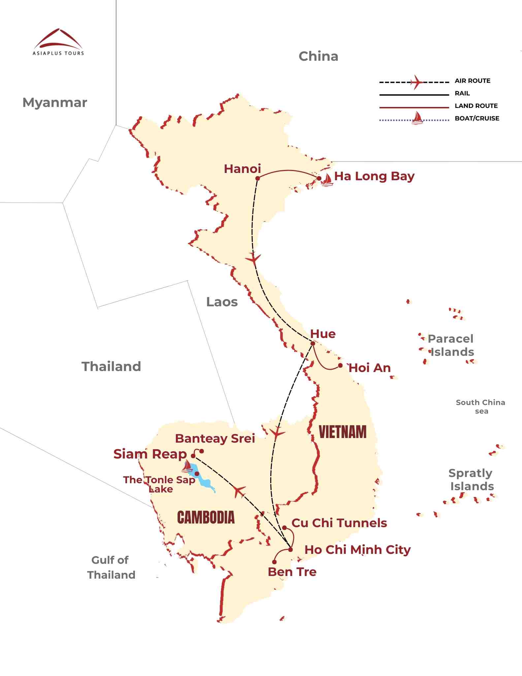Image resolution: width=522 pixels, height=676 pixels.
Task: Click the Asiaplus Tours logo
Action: (x=58, y=42)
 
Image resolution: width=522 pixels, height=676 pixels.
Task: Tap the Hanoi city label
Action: (x=242, y=169)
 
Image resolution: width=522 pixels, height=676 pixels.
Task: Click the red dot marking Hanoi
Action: (x=258, y=178)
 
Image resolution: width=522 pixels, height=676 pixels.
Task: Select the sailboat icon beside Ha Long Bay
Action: (x=327, y=180)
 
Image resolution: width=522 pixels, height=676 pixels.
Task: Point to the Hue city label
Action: (x=323, y=334)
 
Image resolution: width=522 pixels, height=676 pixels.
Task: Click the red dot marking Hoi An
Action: (x=340, y=365)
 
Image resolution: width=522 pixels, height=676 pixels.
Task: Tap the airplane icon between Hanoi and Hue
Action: (x=253, y=258)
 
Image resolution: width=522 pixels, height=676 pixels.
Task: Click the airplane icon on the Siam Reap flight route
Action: (x=239, y=491)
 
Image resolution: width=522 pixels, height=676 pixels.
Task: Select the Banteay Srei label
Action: (x=215, y=438)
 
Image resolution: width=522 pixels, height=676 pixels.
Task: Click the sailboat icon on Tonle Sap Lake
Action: (x=187, y=466)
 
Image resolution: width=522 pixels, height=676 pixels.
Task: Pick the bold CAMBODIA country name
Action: (x=206, y=517)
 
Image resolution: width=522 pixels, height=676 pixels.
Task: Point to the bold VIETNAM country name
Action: (x=343, y=432)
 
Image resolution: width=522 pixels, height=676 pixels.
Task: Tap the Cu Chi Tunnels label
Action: (x=339, y=523)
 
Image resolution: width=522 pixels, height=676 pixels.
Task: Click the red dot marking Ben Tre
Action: (x=274, y=562)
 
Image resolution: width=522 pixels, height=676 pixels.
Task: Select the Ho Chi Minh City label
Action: (x=357, y=550)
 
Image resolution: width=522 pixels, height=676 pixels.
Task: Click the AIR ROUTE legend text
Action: (x=472, y=81)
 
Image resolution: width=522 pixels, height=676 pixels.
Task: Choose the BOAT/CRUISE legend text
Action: (x=477, y=118)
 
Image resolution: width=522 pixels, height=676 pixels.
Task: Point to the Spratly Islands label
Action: (x=471, y=480)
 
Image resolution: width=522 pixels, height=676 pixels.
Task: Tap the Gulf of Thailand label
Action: (x=111, y=567)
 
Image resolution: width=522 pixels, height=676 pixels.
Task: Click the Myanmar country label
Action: (x=55, y=103)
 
